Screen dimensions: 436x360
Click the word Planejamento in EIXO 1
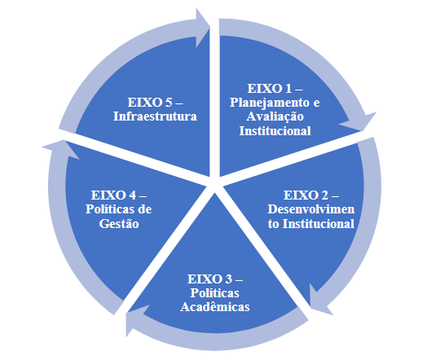point(270,103)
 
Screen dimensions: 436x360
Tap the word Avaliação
point(275,116)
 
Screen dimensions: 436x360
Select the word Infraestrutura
point(155,116)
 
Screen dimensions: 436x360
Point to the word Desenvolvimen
point(310,209)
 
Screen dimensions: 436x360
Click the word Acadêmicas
point(215,307)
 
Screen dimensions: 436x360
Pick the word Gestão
point(119,223)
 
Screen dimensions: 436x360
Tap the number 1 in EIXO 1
point(288,89)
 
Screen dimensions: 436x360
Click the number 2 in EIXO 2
point(324,195)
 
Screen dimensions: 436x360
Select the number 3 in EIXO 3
point(228,279)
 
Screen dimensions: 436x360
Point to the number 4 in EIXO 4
point(132,195)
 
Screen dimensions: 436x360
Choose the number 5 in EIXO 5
point(169,103)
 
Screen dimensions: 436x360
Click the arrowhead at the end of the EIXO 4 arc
point(62,148)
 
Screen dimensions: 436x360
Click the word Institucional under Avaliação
point(275,130)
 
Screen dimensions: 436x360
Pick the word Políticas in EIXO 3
point(214,292)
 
